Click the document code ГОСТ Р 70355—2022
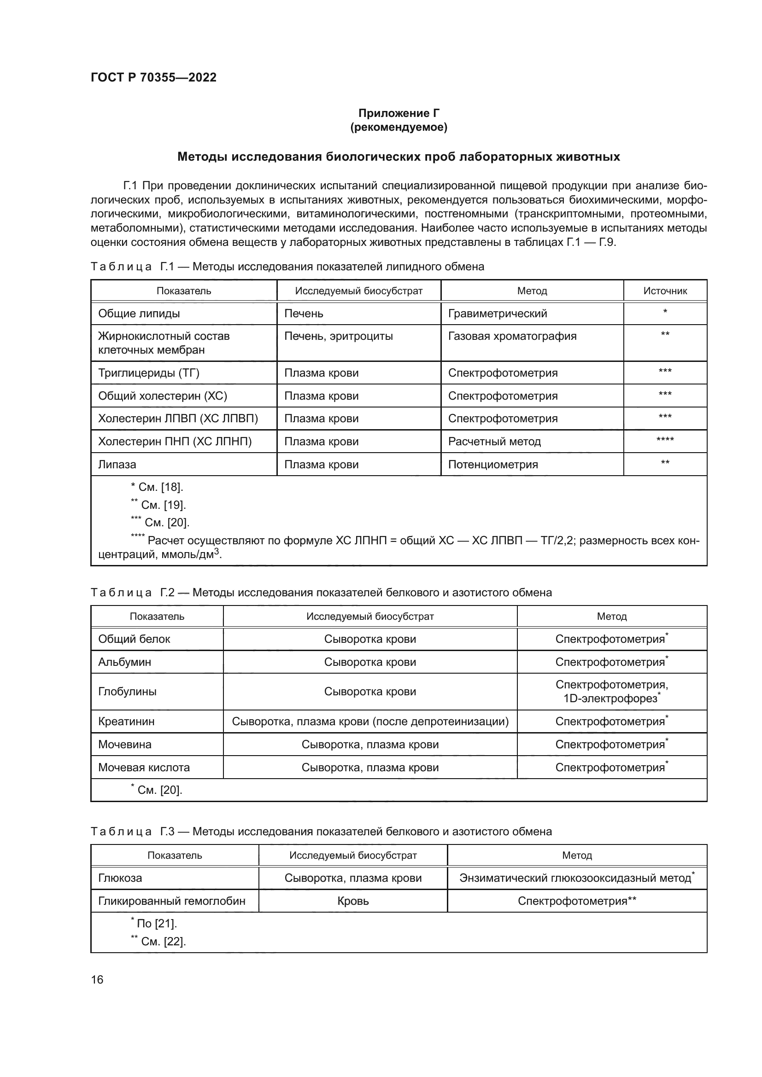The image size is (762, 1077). pos(153,77)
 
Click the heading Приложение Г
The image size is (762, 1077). pos(399,113)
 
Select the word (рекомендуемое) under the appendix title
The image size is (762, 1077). pos(399,127)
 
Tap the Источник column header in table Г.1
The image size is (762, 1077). pos(664,291)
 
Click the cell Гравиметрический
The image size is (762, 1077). pos(498,314)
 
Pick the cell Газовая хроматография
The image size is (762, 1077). pos(512,336)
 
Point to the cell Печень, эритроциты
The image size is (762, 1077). pos(338,336)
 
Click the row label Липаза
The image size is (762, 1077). pos(117,465)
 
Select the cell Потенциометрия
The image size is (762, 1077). pos(492,465)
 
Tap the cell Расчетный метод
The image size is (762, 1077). pos(494,442)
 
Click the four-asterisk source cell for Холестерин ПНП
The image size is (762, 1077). pos(664,440)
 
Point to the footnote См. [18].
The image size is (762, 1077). pos(157,487)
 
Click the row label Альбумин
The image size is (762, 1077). pos(124,662)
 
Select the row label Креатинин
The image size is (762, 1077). pos(126,722)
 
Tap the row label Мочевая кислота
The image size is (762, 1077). pos(144,768)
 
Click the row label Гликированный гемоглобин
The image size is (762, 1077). pos(171,901)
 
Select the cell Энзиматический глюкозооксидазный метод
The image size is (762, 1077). pos(576,878)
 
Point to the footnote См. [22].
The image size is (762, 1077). pos(158,942)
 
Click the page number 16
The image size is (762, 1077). pos(97,980)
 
